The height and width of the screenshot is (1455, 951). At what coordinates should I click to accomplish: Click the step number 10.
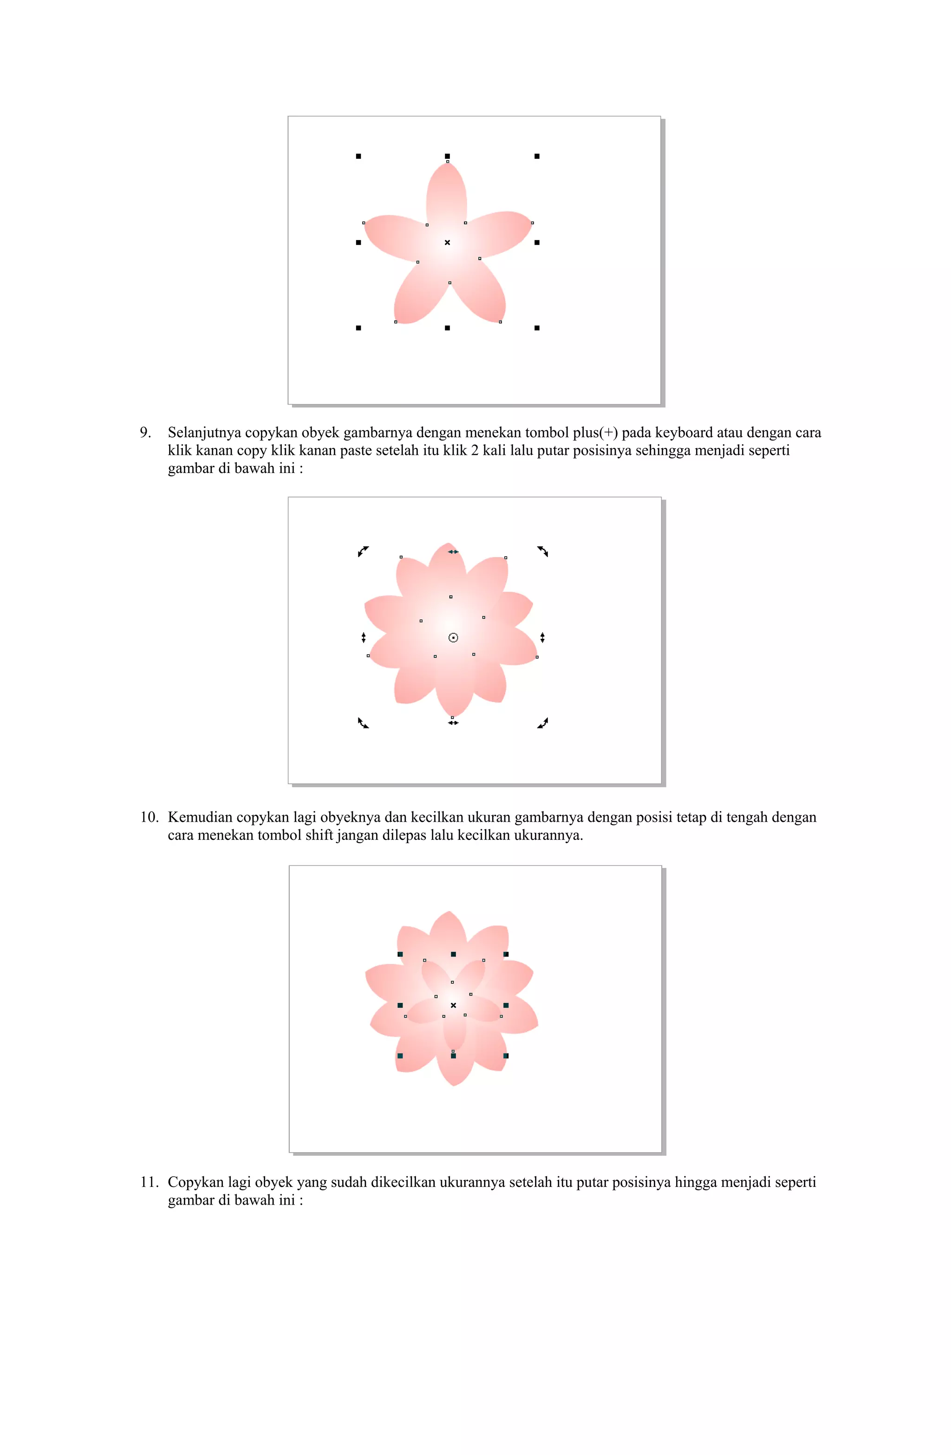[149, 817]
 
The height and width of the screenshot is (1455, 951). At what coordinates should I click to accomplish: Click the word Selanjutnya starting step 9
[204, 433]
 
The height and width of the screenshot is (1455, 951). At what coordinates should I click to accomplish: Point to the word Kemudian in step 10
[200, 817]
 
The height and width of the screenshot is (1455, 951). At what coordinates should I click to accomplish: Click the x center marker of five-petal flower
[447, 242]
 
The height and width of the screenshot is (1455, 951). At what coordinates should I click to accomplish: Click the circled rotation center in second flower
[453, 638]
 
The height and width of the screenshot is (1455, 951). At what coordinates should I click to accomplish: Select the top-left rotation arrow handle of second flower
[363, 551]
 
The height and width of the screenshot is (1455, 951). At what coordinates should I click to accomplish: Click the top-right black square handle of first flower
[537, 157]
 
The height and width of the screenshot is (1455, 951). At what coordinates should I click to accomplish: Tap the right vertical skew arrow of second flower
[542, 638]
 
